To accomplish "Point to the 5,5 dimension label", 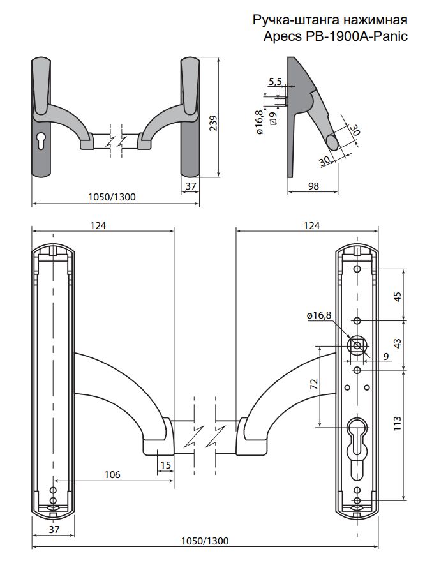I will [276, 82].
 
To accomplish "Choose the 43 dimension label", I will [398, 343].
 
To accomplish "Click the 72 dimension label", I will [313, 384].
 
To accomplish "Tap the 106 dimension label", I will [112, 474].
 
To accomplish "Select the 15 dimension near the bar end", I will [166, 465].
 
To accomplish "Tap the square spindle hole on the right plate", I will [356, 345].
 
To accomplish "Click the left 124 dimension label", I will [97, 225].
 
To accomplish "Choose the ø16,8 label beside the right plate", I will [319, 315].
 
